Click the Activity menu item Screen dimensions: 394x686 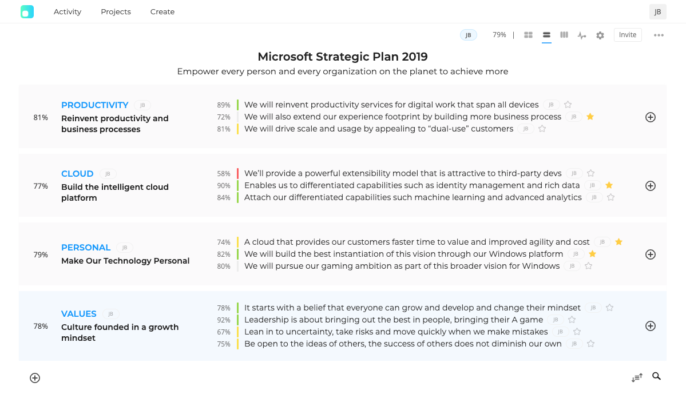tap(68, 11)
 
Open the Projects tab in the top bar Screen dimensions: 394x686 tap(116, 11)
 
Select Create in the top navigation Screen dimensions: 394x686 tap(162, 11)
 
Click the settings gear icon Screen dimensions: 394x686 tap(600, 35)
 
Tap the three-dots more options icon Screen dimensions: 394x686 tap(659, 35)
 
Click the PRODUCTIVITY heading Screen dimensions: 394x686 tap(95, 105)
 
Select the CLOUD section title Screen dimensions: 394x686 tap(77, 174)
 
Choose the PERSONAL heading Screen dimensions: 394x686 tap(86, 248)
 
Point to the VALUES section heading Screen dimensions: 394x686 tap(79, 314)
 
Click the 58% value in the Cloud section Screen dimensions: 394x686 tap(224, 174)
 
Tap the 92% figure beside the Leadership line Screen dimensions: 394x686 tap(224, 320)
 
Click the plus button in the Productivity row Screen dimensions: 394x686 tap(650, 117)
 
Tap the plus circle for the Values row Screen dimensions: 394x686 tap(650, 326)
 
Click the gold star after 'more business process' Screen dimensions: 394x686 tap(590, 117)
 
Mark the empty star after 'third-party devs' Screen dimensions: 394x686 tap(590, 173)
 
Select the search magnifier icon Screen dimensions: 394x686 tap(656, 376)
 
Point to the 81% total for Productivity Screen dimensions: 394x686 tap(41, 118)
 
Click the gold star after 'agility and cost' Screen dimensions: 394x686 tap(618, 242)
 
